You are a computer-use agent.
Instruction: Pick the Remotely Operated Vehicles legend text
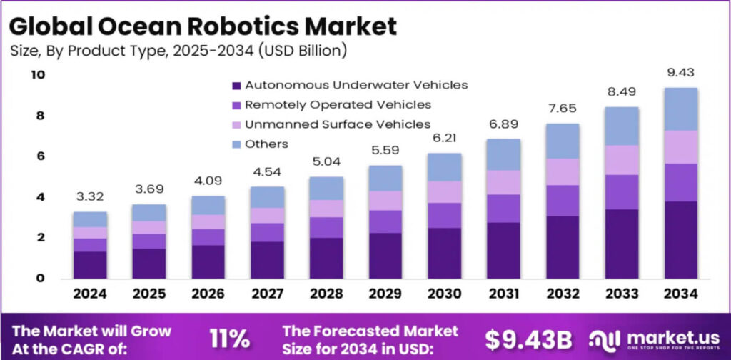pos(338,104)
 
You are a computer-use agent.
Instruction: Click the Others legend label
pos(266,144)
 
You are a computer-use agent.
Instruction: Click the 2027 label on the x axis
pos(266,294)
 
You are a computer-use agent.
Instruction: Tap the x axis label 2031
pos(505,294)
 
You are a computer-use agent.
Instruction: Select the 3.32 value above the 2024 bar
pos(90,196)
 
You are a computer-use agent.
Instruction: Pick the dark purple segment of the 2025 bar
pos(148,263)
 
